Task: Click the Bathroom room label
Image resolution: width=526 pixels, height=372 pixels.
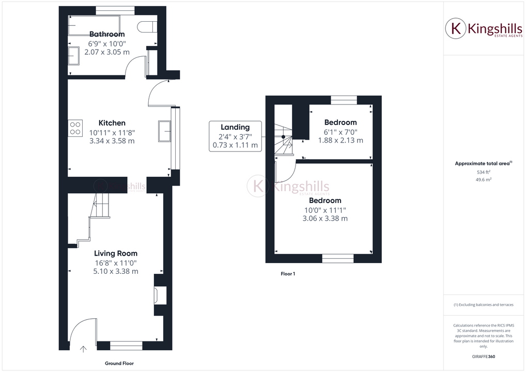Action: tap(107, 34)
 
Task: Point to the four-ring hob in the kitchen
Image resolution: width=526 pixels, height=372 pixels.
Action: tap(75, 128)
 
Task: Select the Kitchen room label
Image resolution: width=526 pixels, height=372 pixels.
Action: tap(112, 123)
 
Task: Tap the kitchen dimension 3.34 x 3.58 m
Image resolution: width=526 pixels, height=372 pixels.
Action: tap(112, 141)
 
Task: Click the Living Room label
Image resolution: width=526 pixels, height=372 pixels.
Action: tap(116, 253)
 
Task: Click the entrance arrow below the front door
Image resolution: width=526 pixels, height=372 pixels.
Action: tap(83, 349)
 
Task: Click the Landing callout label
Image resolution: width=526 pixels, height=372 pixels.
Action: tap(235, 127)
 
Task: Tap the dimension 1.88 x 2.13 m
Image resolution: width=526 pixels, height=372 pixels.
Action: tap(341, 140)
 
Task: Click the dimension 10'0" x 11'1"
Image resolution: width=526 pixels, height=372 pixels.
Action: tap(325, 210)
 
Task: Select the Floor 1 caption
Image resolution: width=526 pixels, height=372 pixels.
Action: tap(288, 274)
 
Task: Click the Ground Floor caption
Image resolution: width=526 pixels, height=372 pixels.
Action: tap(119, 363)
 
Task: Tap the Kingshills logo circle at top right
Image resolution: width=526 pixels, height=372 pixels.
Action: tap(456, 28)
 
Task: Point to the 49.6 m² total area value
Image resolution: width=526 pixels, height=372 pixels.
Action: tap(484, 179)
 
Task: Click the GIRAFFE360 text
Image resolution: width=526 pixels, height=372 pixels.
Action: tap(484, 356)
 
